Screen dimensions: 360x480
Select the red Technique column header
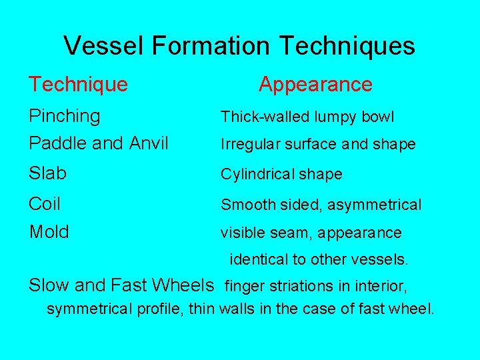click(78, 85)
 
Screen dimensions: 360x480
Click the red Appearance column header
click(315, 85)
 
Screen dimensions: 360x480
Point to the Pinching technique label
click(65, 117)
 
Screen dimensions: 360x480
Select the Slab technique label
click(47, 173)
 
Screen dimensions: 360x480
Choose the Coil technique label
click(45, 203)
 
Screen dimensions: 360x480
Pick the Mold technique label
click(49, 232)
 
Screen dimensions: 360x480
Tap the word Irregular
click(251, 145)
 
